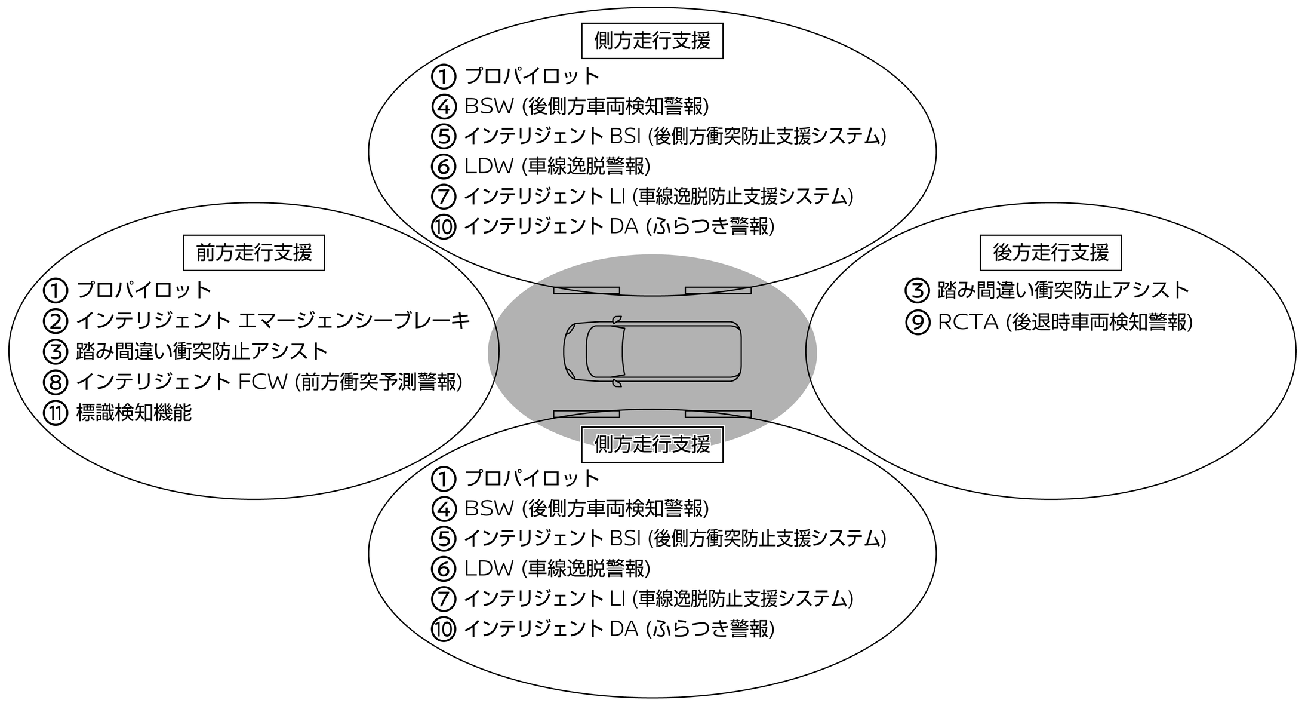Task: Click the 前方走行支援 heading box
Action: pyautogui.click(x=254, y=253)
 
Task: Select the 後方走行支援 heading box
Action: pyautogui.click(x=1051, y=253)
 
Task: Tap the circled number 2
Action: pyautogui.click(x=56, y=321)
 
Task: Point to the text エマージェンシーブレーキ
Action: pyautogui.click(x=354, y=321)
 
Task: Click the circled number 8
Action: pyautogui.click(x=56, y=382)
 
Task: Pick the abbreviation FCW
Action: pyautogui.click(x=263, y=382)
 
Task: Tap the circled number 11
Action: pyautogui.click(x=56, y=413)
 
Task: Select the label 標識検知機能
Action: pyautogui.click(x=134, y=413)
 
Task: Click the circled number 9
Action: pyautogui.click(x=918, y=322)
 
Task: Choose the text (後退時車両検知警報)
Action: pyautogui.click(x=1099, y=322)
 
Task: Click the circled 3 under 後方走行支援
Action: pyautogui.click(x=918, y=290)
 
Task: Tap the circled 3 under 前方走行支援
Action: pyautogui.click(x=56, y=351)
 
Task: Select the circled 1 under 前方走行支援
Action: pyautogui.click(x=56, y=290)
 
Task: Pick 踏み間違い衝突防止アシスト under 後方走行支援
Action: pyautogui.click(x=1063, y=290)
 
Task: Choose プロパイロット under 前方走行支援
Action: pyautogui.click(x=144, y=290)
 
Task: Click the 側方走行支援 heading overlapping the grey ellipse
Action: pyautogui.click(x=652, y=444)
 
